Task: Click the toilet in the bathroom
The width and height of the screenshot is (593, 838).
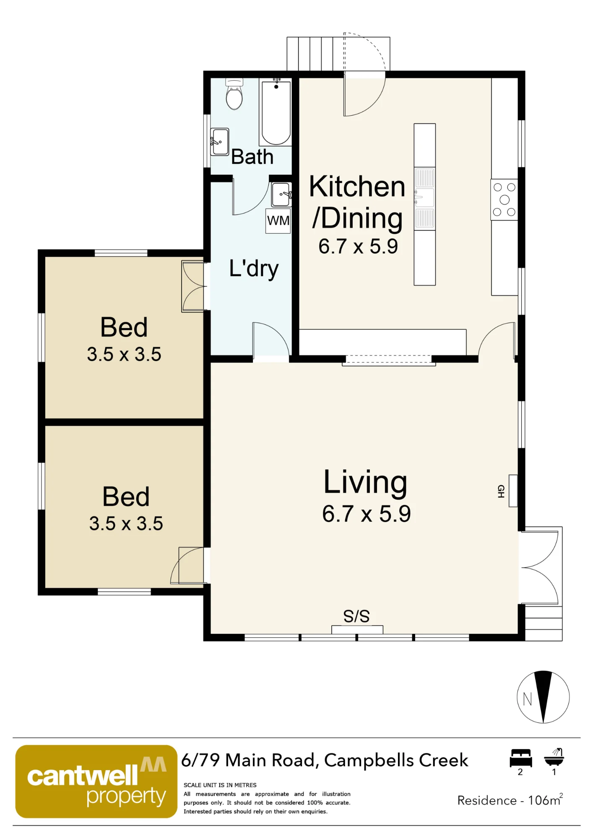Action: click(234, 94)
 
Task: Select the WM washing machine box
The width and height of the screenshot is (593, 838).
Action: click(278, 221)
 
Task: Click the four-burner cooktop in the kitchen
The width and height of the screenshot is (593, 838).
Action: click(504, 200)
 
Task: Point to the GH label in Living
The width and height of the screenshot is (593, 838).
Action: click(501, 491)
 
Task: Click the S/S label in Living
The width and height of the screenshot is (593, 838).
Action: click(356, 616)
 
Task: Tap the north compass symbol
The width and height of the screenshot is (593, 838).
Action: click(543, 697)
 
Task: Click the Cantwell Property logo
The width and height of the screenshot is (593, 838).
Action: click(96, 781)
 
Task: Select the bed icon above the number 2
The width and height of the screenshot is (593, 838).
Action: click(521, 758)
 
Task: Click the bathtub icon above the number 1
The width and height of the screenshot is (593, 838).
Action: click(554, 758)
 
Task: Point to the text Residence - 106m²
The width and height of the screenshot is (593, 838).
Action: click(510, 800)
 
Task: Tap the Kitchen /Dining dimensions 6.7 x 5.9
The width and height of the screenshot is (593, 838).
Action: click(358, 246)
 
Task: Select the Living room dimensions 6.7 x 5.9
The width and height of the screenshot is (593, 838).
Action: click(366, 514)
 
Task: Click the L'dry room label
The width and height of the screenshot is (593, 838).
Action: click(254, 269)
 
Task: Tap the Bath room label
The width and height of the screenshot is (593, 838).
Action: click(252, 157)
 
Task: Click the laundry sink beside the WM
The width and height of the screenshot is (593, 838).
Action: click(281, 194)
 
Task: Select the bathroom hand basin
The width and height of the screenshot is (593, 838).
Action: click(219, 142)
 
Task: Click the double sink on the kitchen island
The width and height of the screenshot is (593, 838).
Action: click(424, 198)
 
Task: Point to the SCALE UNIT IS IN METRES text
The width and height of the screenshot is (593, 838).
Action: click(220, 785)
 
